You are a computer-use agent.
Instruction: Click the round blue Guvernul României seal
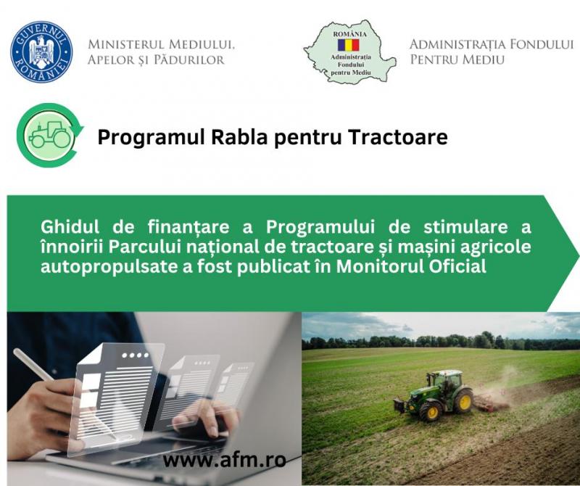[x=41, y=52]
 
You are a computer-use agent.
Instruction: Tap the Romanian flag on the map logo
[x=348, y=45]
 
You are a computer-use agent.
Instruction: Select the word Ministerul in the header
[x=125, y=44]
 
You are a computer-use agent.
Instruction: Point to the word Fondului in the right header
[x=542, y=44]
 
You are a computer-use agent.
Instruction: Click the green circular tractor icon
[x=50, y=135]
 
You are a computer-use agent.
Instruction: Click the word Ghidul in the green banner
[x=70, y=226]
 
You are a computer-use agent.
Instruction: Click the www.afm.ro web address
[x=225, y=460]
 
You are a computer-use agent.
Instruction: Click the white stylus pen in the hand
[x=33, y=365]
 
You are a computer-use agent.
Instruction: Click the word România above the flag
[x=350, y=34]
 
